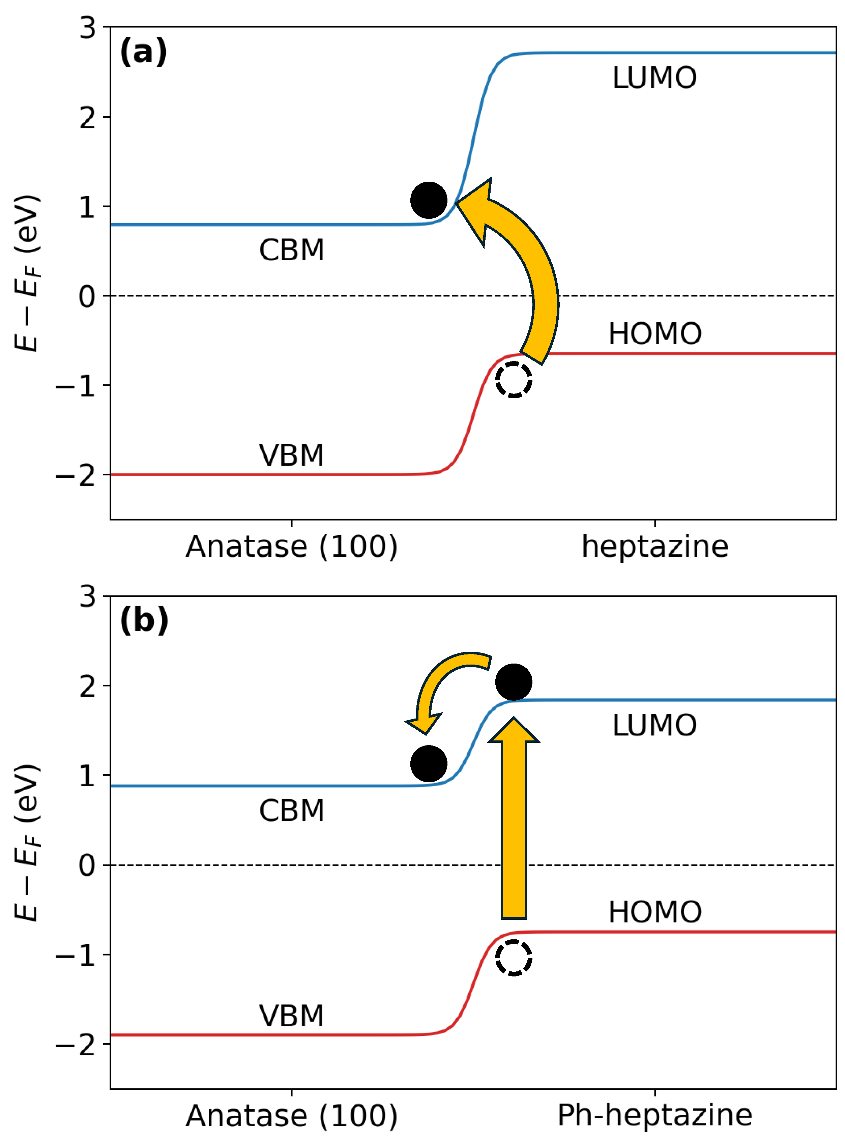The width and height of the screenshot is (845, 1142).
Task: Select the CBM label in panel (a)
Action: [292, 251]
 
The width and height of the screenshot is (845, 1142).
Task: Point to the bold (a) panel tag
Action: [143, 52]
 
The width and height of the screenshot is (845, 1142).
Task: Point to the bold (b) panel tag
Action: [144, 621]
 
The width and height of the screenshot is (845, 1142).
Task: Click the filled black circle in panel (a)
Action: [429, 200]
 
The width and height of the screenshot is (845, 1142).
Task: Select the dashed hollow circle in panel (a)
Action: [514, 379]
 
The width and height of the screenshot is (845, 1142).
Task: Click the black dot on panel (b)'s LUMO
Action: [514, 682]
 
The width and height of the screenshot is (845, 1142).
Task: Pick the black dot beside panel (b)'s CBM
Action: [429, 764]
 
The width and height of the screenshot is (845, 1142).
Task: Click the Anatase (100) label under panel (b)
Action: [292, 1116]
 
